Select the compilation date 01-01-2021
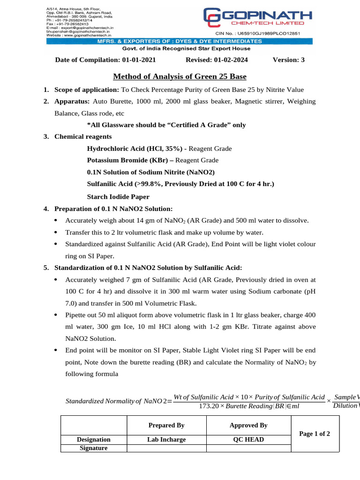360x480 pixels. coord(137,60)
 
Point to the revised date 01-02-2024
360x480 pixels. coord(230,60)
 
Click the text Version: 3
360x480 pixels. coord(288,60)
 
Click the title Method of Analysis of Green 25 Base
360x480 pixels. coord(180,76)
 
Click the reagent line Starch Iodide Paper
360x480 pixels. coord(118,196)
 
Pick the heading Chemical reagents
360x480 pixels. coord(83,136)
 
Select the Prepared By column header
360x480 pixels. coord(166,425)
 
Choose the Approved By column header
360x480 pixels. coord(248,425)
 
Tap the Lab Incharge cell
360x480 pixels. coord(166,440)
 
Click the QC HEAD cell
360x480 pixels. coord(248,440)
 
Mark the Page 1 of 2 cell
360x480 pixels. coord(315,434)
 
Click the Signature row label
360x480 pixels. coord(94,448)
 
